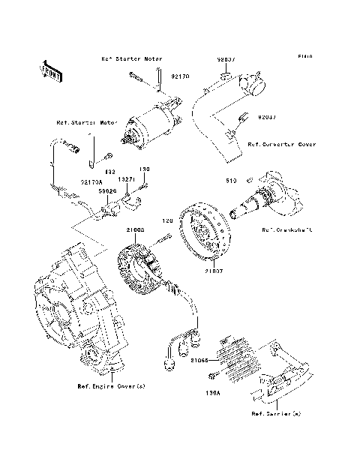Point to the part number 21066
pyautogui.click(x=199, y=359)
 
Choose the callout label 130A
pyautogui.click(x=213, y=391)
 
